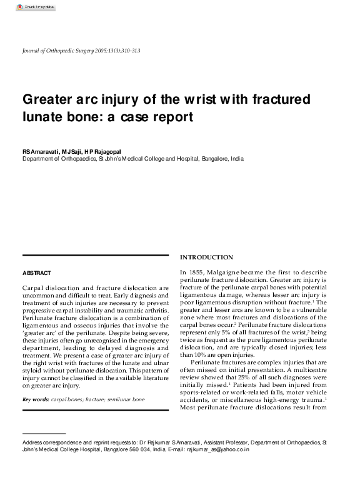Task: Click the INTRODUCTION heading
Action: tap(206, 257)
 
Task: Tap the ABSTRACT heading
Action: tap(36, 273)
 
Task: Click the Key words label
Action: tap(36, 399)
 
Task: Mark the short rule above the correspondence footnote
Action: tap(44, 434)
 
